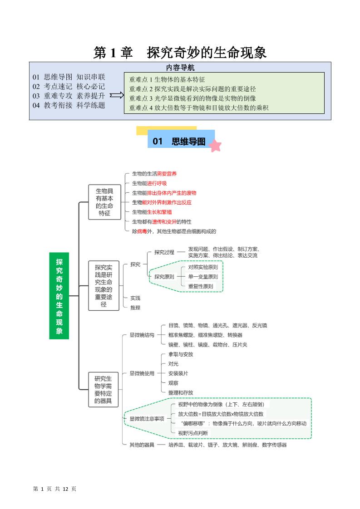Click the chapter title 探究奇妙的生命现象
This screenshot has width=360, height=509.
coord(207,53)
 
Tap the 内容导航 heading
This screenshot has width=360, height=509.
coord(180,68)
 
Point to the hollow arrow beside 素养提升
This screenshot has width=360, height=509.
coord(117,96)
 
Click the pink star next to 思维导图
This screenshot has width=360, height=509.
coord(215,146)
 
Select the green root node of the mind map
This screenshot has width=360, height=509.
coord(59,296)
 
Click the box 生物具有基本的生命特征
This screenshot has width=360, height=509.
coord(104,202)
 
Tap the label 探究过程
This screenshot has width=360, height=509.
coord(164,252)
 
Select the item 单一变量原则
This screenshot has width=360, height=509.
coord(203,277)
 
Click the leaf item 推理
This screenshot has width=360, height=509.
coord(135,308)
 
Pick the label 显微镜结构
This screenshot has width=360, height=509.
coord(142,335)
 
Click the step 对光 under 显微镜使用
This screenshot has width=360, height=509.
coord(173,364)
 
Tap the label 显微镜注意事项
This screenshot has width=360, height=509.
coord(147,419)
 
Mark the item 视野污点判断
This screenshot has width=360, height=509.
coord(193,433)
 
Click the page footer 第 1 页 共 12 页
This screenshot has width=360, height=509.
coord(55,489)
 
